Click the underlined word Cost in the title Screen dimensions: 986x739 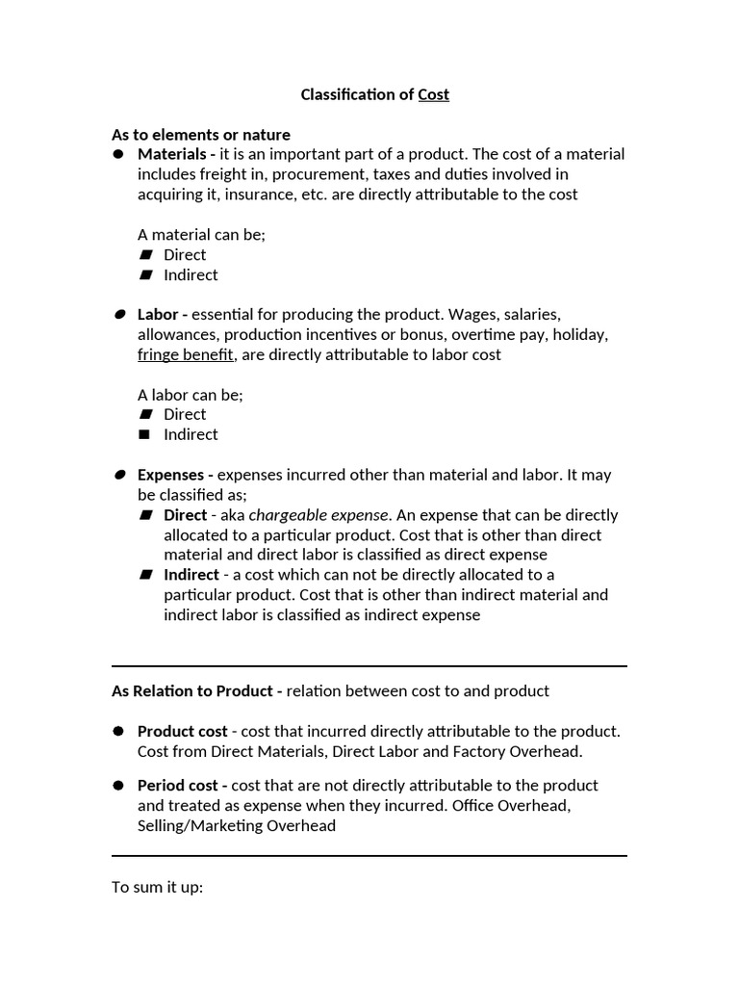point(433,94)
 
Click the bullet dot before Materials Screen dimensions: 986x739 point(118,154)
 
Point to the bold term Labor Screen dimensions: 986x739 point(158,315)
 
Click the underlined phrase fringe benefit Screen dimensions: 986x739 point(186,354)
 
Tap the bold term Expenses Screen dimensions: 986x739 point(170,475)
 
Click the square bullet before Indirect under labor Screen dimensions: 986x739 point(145,434)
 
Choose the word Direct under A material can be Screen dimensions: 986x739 point(185,255)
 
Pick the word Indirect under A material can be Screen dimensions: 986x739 point(191,275)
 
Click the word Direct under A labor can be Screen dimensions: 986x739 point(185,415)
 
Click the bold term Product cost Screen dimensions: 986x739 point(183,732)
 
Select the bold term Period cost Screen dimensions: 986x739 point(179,786)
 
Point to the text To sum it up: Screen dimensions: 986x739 point(157,887)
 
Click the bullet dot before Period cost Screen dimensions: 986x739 point(118,786)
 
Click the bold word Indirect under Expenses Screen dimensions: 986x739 point(191,575)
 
